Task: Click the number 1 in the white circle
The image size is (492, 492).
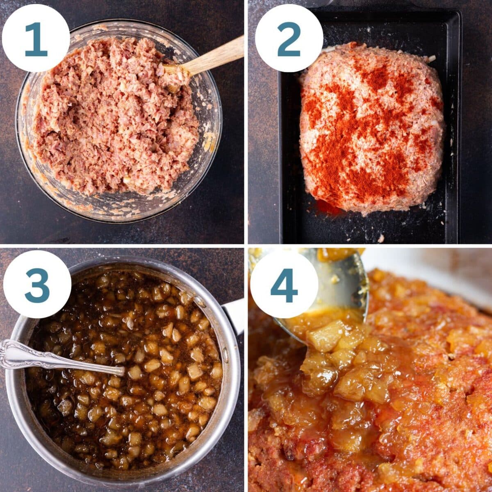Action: [36, 39]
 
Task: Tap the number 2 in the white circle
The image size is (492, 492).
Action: [289, 39]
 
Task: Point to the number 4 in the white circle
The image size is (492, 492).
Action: [284, 285]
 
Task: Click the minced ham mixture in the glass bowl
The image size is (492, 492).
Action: [115, 119]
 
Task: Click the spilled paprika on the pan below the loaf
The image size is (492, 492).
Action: [328, 207]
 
